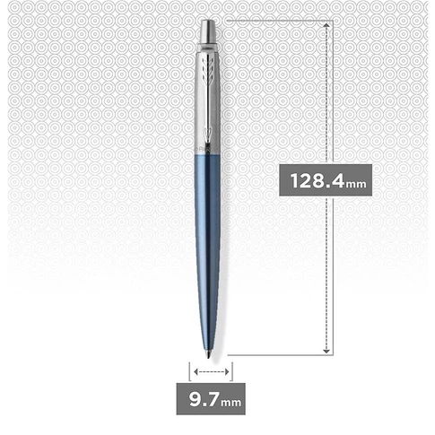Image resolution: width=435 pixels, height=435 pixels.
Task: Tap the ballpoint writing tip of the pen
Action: (210, 352)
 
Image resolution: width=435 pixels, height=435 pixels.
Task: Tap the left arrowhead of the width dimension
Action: (195, 370)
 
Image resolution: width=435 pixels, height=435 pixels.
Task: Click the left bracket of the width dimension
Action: (189, 370)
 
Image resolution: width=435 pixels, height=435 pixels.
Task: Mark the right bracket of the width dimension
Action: (231, 370)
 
